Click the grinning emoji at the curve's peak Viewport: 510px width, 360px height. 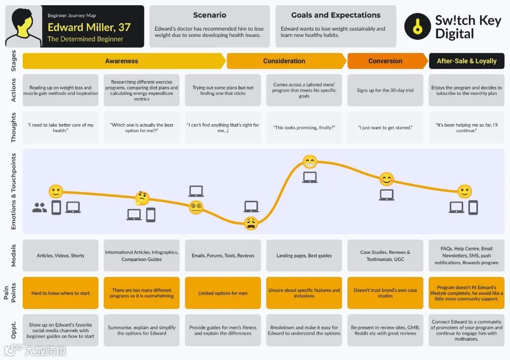310,162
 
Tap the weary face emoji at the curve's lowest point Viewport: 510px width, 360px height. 251,223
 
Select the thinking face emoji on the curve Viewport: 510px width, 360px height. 142,199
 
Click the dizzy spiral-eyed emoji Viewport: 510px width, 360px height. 196,207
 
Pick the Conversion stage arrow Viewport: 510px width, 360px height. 385,61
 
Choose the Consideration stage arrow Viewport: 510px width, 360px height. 284,61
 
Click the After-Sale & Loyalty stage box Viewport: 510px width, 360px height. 467,61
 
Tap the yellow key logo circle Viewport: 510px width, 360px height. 417,26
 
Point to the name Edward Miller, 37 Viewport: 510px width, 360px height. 89,27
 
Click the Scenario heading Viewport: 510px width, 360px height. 210,15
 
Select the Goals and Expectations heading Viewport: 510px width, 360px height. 336,15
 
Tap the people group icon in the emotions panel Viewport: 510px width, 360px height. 40,208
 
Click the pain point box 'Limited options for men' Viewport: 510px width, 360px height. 223,293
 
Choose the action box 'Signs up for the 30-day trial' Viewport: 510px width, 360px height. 385,90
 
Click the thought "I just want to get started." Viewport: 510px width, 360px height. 385,127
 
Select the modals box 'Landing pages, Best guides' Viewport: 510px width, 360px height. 304,256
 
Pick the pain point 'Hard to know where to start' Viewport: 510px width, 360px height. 60,293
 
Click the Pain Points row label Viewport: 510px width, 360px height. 13,293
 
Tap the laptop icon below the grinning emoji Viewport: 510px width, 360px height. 310,177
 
